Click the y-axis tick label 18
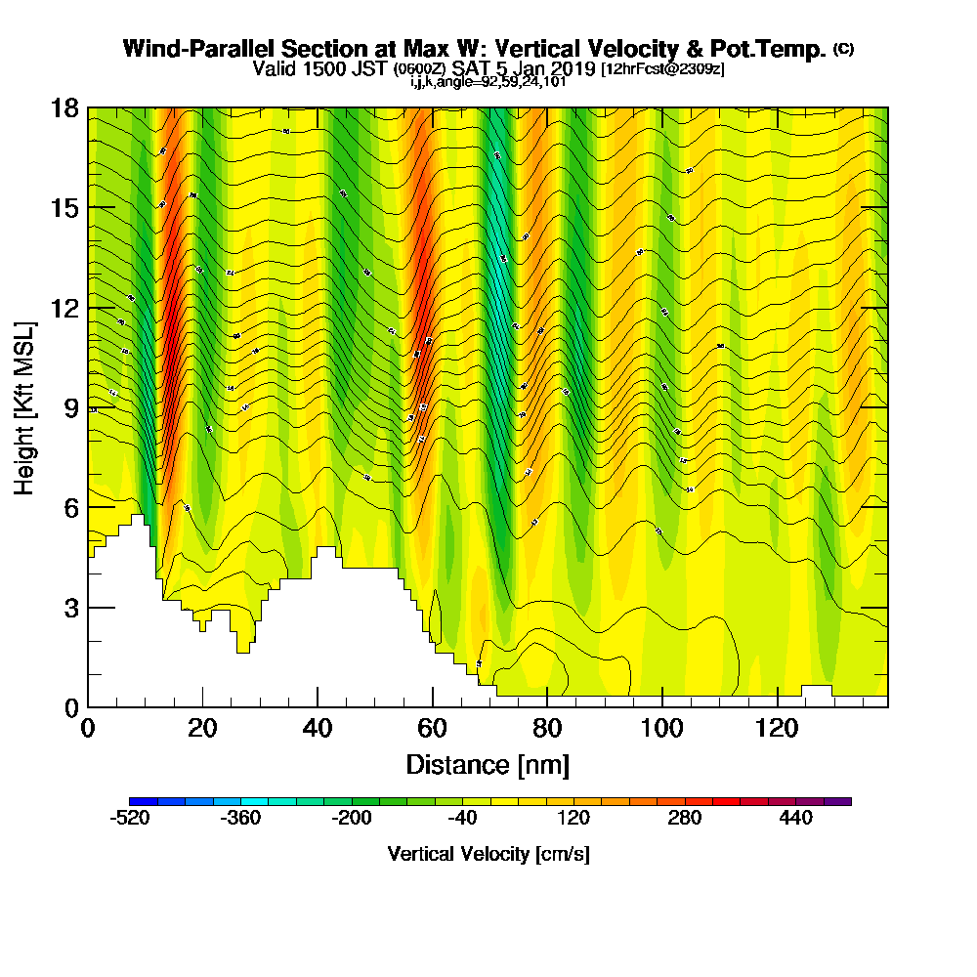pos(64,107)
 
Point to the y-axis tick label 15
pos(64,208)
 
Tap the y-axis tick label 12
pos(64,308)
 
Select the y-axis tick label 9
pos(71,407)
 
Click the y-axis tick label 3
pos(71,608)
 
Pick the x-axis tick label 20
pos(202,728)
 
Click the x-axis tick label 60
pos(432,728)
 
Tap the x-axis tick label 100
pos(662,728)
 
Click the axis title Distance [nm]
pos(488,764)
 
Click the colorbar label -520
pos(131,819)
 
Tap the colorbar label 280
pos(684,819)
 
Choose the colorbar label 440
pos(796,819)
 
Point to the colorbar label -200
pos(352,819)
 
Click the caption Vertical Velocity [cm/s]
pos(488,854)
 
